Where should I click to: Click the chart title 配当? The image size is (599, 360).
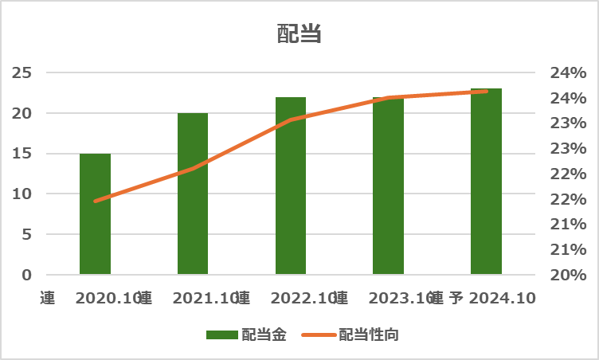(299, 34)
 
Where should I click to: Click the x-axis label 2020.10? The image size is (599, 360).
(108, 299)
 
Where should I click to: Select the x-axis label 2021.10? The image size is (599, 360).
(205, 299)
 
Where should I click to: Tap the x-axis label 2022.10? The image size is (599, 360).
(303, 299)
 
